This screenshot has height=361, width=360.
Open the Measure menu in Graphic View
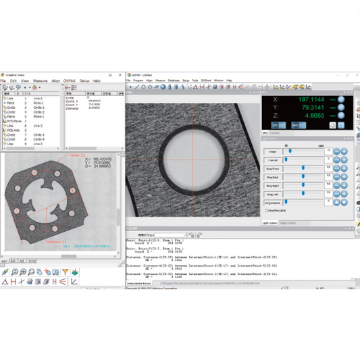click(41, 80)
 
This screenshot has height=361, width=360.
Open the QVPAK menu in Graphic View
click(70, 80)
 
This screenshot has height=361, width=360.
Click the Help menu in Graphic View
click(97, 80)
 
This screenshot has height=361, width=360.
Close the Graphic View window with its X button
click(119, 75)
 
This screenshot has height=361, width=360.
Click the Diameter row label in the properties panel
click(74, 108)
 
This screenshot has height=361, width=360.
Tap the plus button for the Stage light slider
click(344, 151)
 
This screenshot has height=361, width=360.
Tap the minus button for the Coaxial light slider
click(334, 160)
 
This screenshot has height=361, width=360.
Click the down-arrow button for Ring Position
click(344, 201)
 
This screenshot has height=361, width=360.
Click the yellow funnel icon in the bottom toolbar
click(65, 272)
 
